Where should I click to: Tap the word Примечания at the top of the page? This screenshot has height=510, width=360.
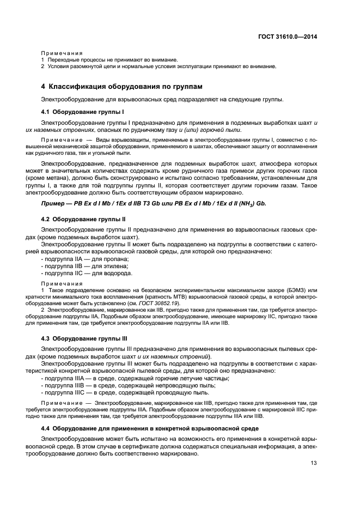point(60,52)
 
